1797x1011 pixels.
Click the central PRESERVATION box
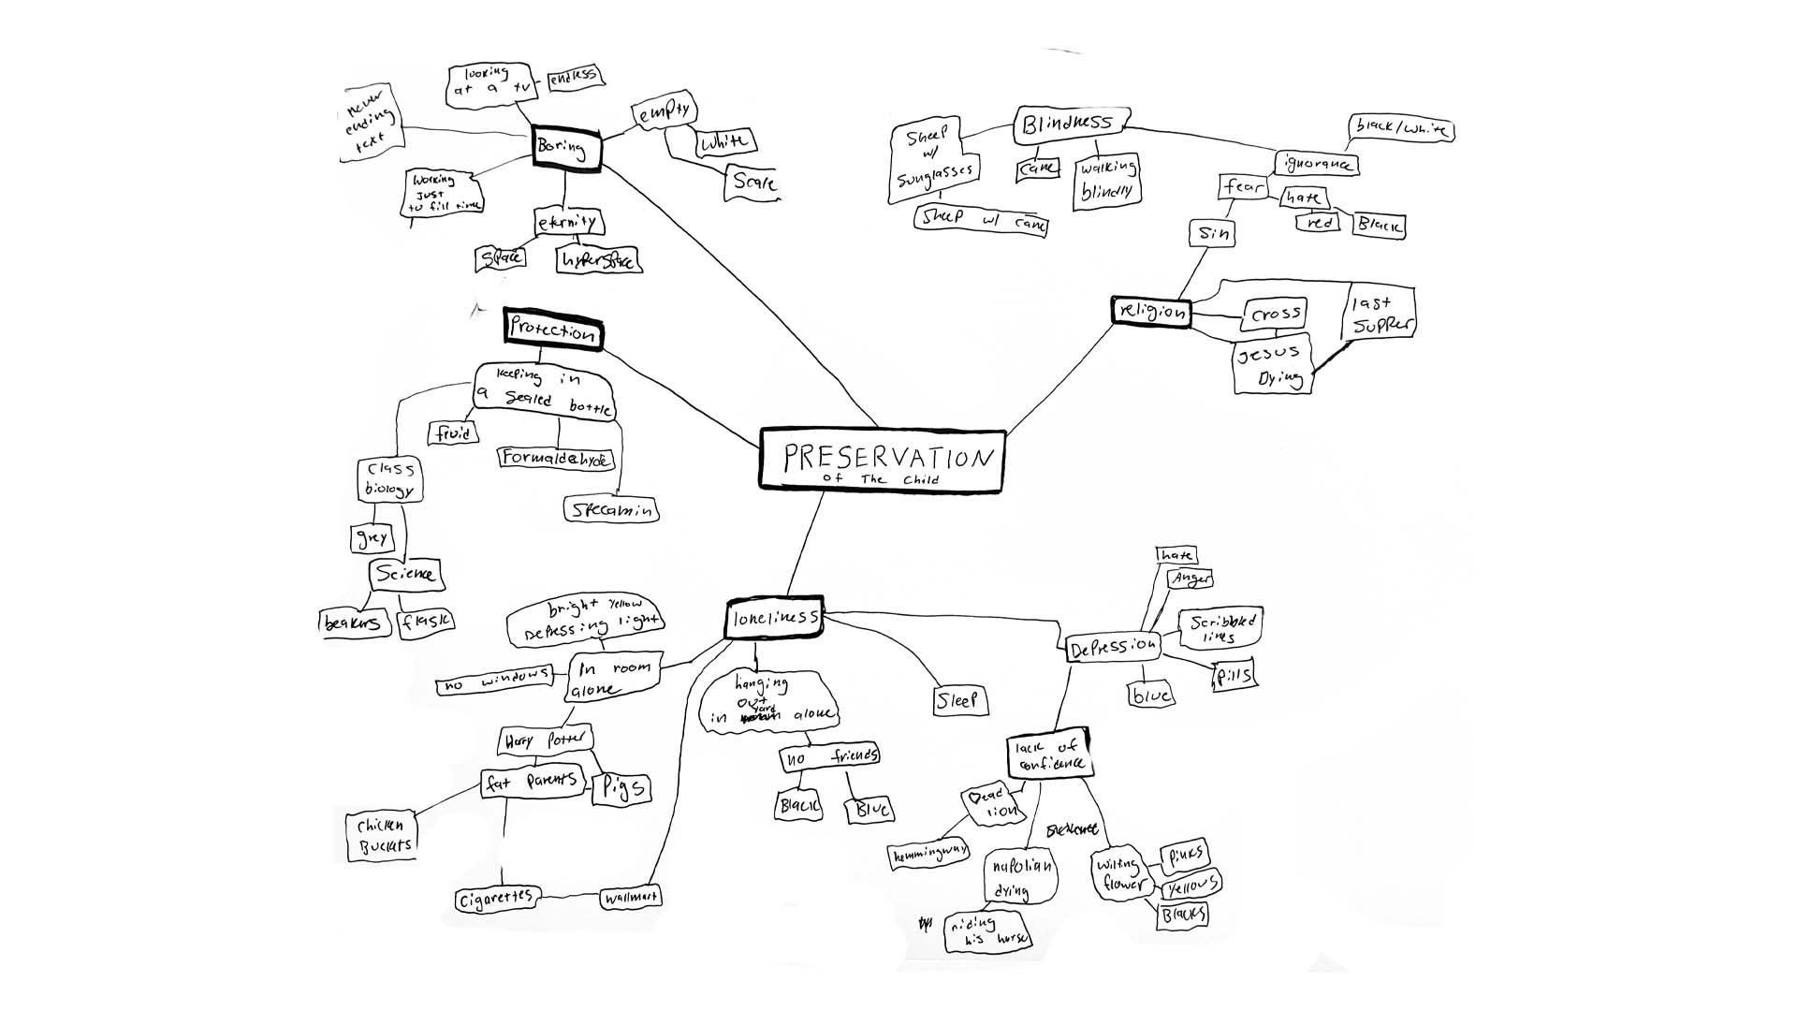[x=882, y=460]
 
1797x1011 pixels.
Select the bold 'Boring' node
[x=565, y=148]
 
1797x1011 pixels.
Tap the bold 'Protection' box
[x=552, y=330]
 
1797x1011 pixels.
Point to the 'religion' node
[x=1151, y=312]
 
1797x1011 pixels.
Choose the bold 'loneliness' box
[x=775, y=618]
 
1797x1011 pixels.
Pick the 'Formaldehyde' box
[x=556, y=458]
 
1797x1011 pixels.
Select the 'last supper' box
[x=1379, y=315]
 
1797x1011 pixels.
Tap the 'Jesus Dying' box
[x=1270, y=365]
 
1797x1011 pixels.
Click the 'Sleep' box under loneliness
[x=959, y=700]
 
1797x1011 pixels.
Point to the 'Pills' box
[x=1234, y=675]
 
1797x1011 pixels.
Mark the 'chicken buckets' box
[x=381, y=835]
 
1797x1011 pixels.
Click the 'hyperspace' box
[x=598, y=259]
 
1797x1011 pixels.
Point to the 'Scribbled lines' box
[x=1222, y=629]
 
